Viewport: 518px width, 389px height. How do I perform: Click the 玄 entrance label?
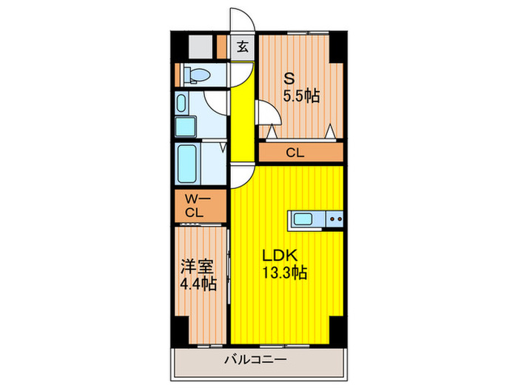coord(243,47)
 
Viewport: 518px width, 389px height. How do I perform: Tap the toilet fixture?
coord(196,75)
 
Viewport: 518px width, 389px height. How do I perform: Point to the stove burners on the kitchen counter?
coord(334,219)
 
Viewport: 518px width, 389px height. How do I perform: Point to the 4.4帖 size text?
coord(198,283)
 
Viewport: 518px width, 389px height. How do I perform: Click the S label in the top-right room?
coord(290,78)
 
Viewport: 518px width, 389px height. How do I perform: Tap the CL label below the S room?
coord(295,153)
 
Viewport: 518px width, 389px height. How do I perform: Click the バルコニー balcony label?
coord(255,361)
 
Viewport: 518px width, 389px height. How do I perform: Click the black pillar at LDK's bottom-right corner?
coord(336,326)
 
